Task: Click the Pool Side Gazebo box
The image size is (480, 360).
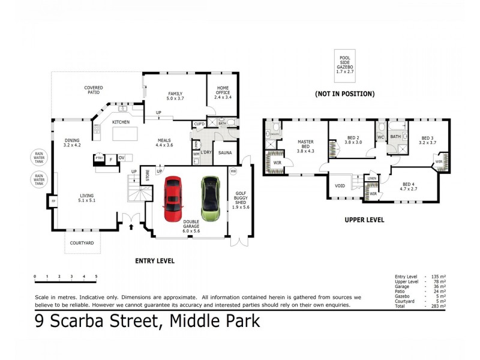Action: tap(344, 65)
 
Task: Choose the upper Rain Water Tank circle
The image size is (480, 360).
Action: tap(39, 157)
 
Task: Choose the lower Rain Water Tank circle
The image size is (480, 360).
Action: tap(39, 178)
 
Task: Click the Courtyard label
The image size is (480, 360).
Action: tap(83, 243)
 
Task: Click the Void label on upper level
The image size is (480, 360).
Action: tap(340, 185)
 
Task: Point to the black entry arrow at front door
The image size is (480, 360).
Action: tap(133, 227)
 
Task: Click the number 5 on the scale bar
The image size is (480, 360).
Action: tap(96, 277)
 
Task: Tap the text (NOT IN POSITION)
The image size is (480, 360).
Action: tap(344, 94)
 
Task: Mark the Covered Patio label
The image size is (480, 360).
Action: tap(93, 91)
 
